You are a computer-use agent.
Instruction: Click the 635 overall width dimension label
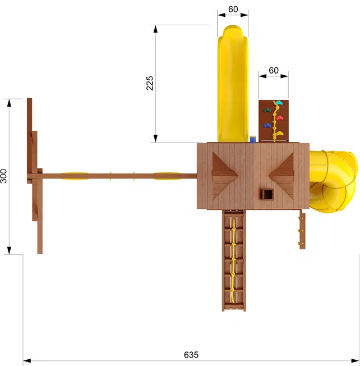click(x=191, y=355)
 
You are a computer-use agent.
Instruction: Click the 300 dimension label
click(x=3, y=176)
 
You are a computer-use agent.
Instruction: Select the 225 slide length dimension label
click(x=150, y=83)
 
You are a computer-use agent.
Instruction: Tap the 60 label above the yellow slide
click(x=233, y=10)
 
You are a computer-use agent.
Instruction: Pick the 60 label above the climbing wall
click(x=274, y=70)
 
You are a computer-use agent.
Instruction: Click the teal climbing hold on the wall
click(x=278, y=103)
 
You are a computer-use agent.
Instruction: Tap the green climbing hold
click(x=267, y=109)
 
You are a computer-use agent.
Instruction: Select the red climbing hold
click(x=280, y=118)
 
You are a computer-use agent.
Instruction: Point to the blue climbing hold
click(x=267, y=125)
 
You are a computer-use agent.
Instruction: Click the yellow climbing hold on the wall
click(x=280, y=133)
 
